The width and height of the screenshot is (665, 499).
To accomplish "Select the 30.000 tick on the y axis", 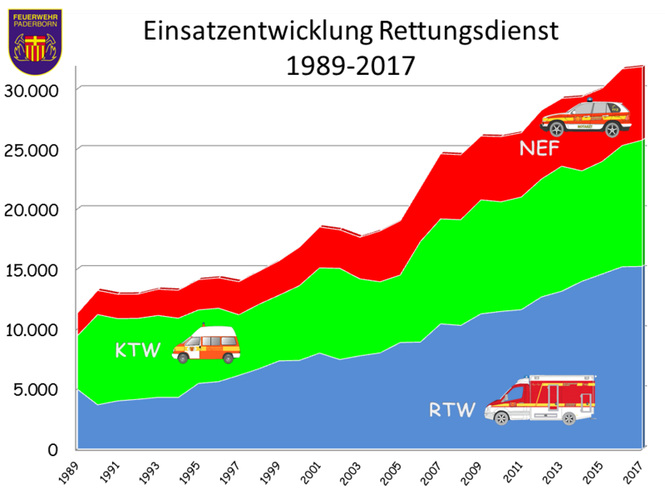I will [x=32, y=89].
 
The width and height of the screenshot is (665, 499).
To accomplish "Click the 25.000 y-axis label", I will [x=32, y=150].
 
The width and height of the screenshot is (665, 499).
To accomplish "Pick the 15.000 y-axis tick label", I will [x=32, y=269].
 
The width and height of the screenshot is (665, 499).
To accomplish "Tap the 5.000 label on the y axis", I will [x=37, y=389].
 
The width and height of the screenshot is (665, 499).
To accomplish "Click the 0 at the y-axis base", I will [x=53, y=449].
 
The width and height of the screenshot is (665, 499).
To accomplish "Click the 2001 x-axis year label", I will [x=313, y=470].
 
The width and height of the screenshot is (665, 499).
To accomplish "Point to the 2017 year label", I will [x=636, y=470].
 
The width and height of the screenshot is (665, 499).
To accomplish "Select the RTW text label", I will [x=453, y=410].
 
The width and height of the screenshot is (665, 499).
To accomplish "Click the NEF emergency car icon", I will [x=584, y=118].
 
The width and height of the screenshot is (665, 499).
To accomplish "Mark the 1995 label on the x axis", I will [x=192, y=470].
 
